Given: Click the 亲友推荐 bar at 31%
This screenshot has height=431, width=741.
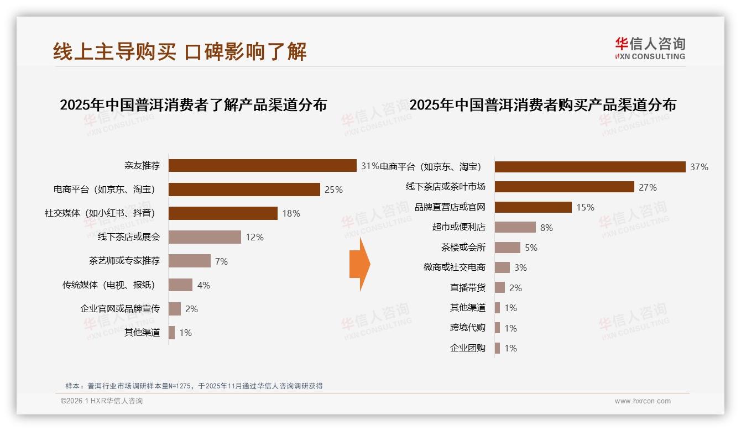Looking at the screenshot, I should coord(262,166).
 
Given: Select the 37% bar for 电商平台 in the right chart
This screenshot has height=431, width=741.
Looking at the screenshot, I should coord(589,167).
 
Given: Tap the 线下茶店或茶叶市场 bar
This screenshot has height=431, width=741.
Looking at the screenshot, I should coord(564,187).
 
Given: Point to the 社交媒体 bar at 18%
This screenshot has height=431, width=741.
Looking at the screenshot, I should coord(223,213).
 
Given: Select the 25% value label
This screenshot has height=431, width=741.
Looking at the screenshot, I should coord(333,190).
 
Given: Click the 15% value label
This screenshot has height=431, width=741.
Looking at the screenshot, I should coord(585,207).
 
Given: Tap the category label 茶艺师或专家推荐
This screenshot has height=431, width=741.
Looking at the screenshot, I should coord(124,261).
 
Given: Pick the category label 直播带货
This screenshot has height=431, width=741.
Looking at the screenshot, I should coord(467,288).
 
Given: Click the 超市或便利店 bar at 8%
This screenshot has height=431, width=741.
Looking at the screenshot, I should coord(515,227).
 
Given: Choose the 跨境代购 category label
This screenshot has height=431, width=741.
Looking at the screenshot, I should coord(467,328).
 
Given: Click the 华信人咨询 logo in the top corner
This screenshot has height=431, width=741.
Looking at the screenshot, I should coord(650,49).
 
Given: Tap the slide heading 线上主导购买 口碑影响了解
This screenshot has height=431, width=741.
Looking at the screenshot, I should coord(180,51).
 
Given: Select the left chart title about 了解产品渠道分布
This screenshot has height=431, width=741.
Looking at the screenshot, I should coord(193,104).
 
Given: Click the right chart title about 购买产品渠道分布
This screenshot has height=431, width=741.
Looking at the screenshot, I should coord(542,104).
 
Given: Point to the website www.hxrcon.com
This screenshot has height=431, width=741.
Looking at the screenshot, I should coord(642,401).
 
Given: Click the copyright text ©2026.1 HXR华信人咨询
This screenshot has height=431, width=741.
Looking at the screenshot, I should coord(102,401).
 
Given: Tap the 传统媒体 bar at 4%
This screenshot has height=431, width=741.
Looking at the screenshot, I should coord(180,285).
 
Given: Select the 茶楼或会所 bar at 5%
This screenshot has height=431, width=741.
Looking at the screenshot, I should coord(507,247).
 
